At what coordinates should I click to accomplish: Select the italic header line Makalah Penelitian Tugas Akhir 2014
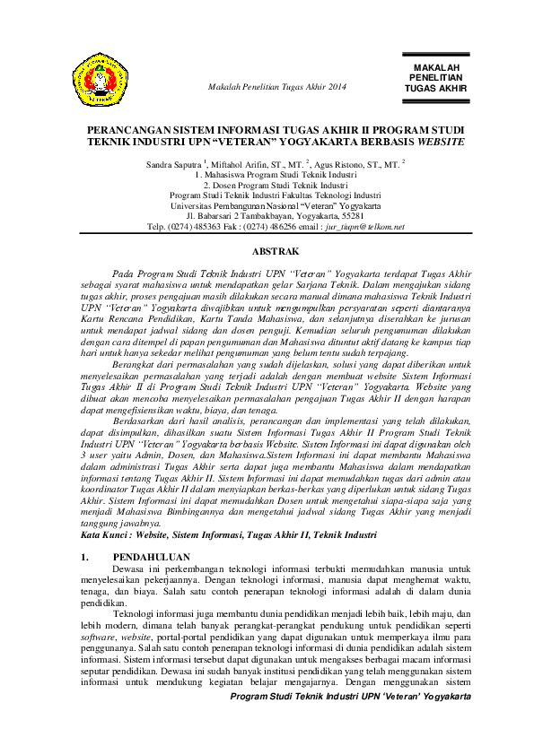(x=276, y=86)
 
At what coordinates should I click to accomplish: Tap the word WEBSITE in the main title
(x=442, y=143)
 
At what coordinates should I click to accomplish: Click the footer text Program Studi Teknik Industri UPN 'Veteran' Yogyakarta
(x=351, y=696)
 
